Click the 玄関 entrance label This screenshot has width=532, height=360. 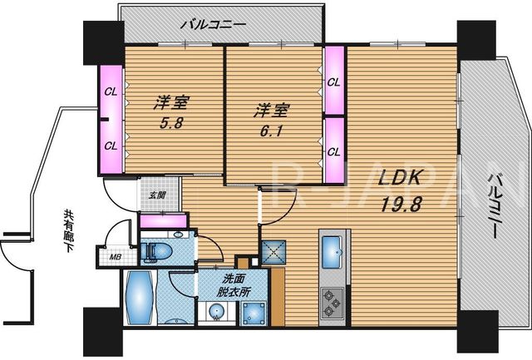pyautogui.click(x=157, y=195)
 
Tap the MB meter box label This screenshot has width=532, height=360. pyautogui.click(x=115, y=257)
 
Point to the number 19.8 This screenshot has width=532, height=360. pyautogui.click(x=401, y=205)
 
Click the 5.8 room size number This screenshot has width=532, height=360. pyautogui.click(x=172, y=122)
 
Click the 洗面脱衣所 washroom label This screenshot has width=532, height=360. pyautogui.click(x=233, y=285)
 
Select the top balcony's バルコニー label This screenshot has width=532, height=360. pyautogui.click(x=213, y=25)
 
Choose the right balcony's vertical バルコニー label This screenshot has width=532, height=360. pyautogui.click(x=493, y=206)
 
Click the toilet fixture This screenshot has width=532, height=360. pyautogui.click(x=156, y=251)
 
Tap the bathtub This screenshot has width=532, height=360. pyautogui.click(x=139, y=298)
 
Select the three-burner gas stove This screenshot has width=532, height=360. pyautogui.click(x=332, y=302)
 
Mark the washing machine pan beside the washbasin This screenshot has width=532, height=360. pyautogui.click(x=254, y=313)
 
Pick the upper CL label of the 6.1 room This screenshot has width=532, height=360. pyautogui.click(x=333, y=82)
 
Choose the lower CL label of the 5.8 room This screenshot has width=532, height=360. pyautogui.click(x=111, y=146)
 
